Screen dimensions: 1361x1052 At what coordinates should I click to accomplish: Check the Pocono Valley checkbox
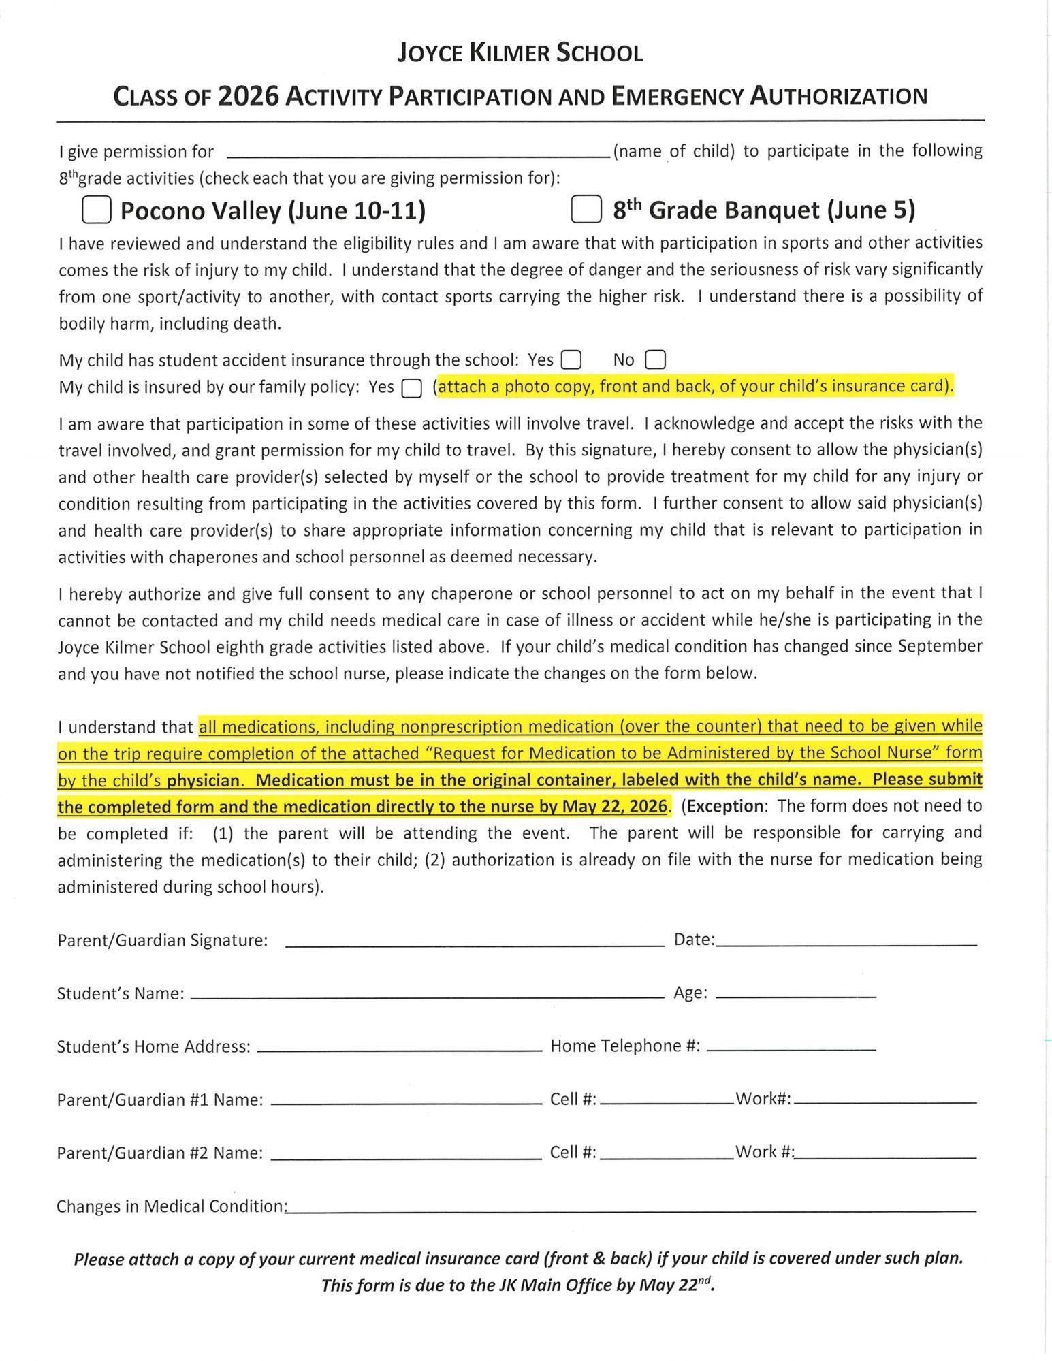97,210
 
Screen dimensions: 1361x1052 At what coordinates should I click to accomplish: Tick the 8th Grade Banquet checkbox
586,210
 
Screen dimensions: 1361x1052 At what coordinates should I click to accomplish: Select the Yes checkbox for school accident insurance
571,359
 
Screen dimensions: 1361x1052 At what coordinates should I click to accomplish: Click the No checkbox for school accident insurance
655,359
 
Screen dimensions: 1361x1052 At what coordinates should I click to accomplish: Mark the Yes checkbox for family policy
411,388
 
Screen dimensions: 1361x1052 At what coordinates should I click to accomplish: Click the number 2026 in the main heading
248,96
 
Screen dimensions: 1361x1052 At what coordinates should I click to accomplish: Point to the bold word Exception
726,806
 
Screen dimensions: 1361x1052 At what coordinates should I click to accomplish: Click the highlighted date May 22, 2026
614,807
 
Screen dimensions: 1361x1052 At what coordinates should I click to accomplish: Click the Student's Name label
121,994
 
